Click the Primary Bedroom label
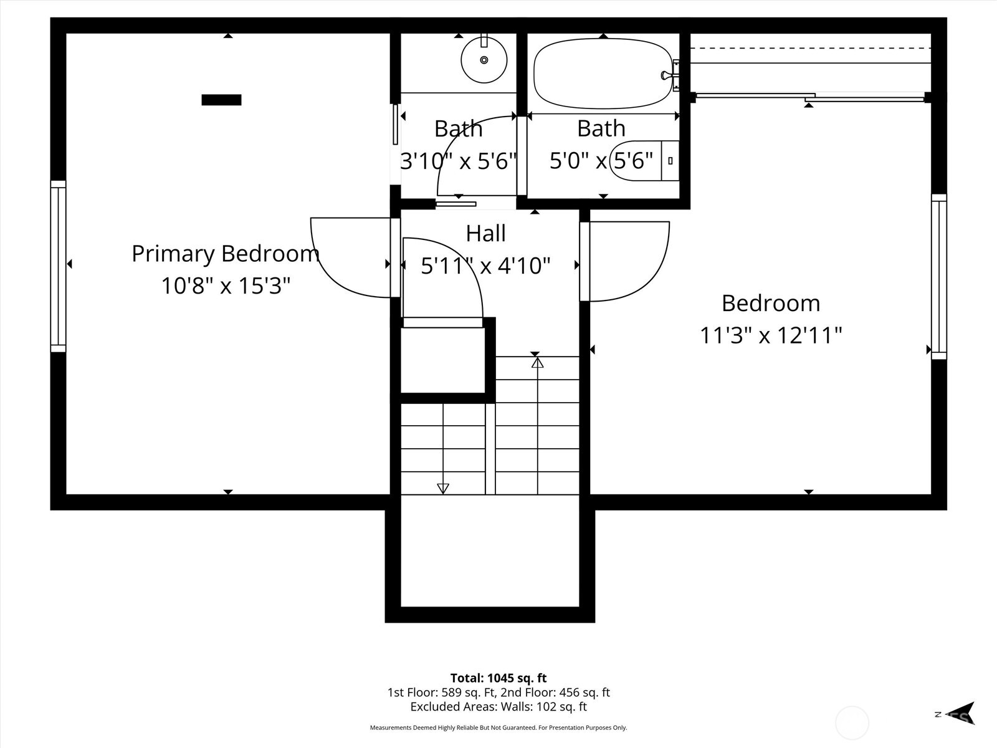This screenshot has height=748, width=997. pyautogui.click(x=226, y=254)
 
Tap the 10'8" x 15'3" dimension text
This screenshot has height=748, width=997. pyautogui.click(x=226, y=286)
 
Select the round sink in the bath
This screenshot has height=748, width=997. pyautogui.click(x=484, y=60)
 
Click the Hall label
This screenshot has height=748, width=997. pyautogui.click(x=485, y=234)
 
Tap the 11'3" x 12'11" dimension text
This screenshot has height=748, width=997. pyautogui.click(x=771, y=336)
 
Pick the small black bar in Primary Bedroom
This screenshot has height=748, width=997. pyautogui.click(x=221, y=100)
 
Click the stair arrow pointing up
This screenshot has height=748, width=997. pyautogui.click(x=537, y=362)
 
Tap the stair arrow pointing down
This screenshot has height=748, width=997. pyautogui.click(x=443, y=488)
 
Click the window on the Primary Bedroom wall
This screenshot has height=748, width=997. pyautogui.click(x=58, y=266)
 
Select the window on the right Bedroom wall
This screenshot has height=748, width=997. pyautogui.click(x=938, y=277)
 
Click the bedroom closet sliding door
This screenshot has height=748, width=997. pyautogui.click(x=810, y=97)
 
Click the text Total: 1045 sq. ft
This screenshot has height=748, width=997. pyautogui.click(x=498, y=678)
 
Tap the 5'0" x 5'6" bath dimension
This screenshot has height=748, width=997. pyautogui.click(x=601, y=161)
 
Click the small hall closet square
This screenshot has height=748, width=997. pyautogui.click(x=442, y=360)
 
